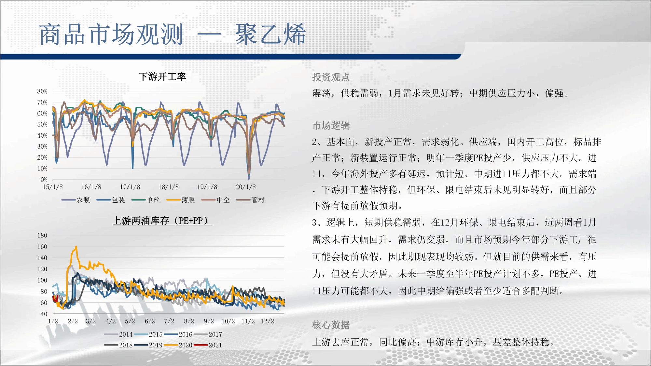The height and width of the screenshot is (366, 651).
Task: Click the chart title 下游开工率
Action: pos(162,77)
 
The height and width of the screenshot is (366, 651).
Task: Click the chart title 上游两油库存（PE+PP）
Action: pos(162,221)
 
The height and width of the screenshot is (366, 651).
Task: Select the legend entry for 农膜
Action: pos(76,200)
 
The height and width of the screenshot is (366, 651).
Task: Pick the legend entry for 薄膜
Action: pos(181,200)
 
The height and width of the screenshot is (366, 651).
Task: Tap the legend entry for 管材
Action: pos(251,200)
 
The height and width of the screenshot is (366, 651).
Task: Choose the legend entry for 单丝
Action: pos(145,200)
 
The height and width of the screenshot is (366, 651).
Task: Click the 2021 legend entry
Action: pos(208,345)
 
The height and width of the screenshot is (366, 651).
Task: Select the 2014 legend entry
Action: pos(118,334)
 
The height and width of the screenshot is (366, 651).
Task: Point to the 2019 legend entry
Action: pos(148,345)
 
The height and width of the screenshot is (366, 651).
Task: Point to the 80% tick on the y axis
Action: pos(42,91)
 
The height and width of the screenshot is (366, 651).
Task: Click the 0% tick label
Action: pos(44,180)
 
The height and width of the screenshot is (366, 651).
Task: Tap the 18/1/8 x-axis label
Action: pos(169,187)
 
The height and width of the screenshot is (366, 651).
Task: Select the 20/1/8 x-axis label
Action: pos(246,187)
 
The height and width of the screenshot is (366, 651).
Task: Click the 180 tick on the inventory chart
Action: pos(42,235)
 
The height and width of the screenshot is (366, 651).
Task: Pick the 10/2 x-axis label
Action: pos(228,321)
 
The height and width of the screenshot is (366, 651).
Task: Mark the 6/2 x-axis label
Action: pos(150,321)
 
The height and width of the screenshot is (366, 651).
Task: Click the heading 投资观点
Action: pos(331,77)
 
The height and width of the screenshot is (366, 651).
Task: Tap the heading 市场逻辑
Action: pos(331,126)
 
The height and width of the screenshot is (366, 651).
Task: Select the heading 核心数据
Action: pos(331,325)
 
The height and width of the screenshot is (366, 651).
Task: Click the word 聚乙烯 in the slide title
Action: pos(270,34)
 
